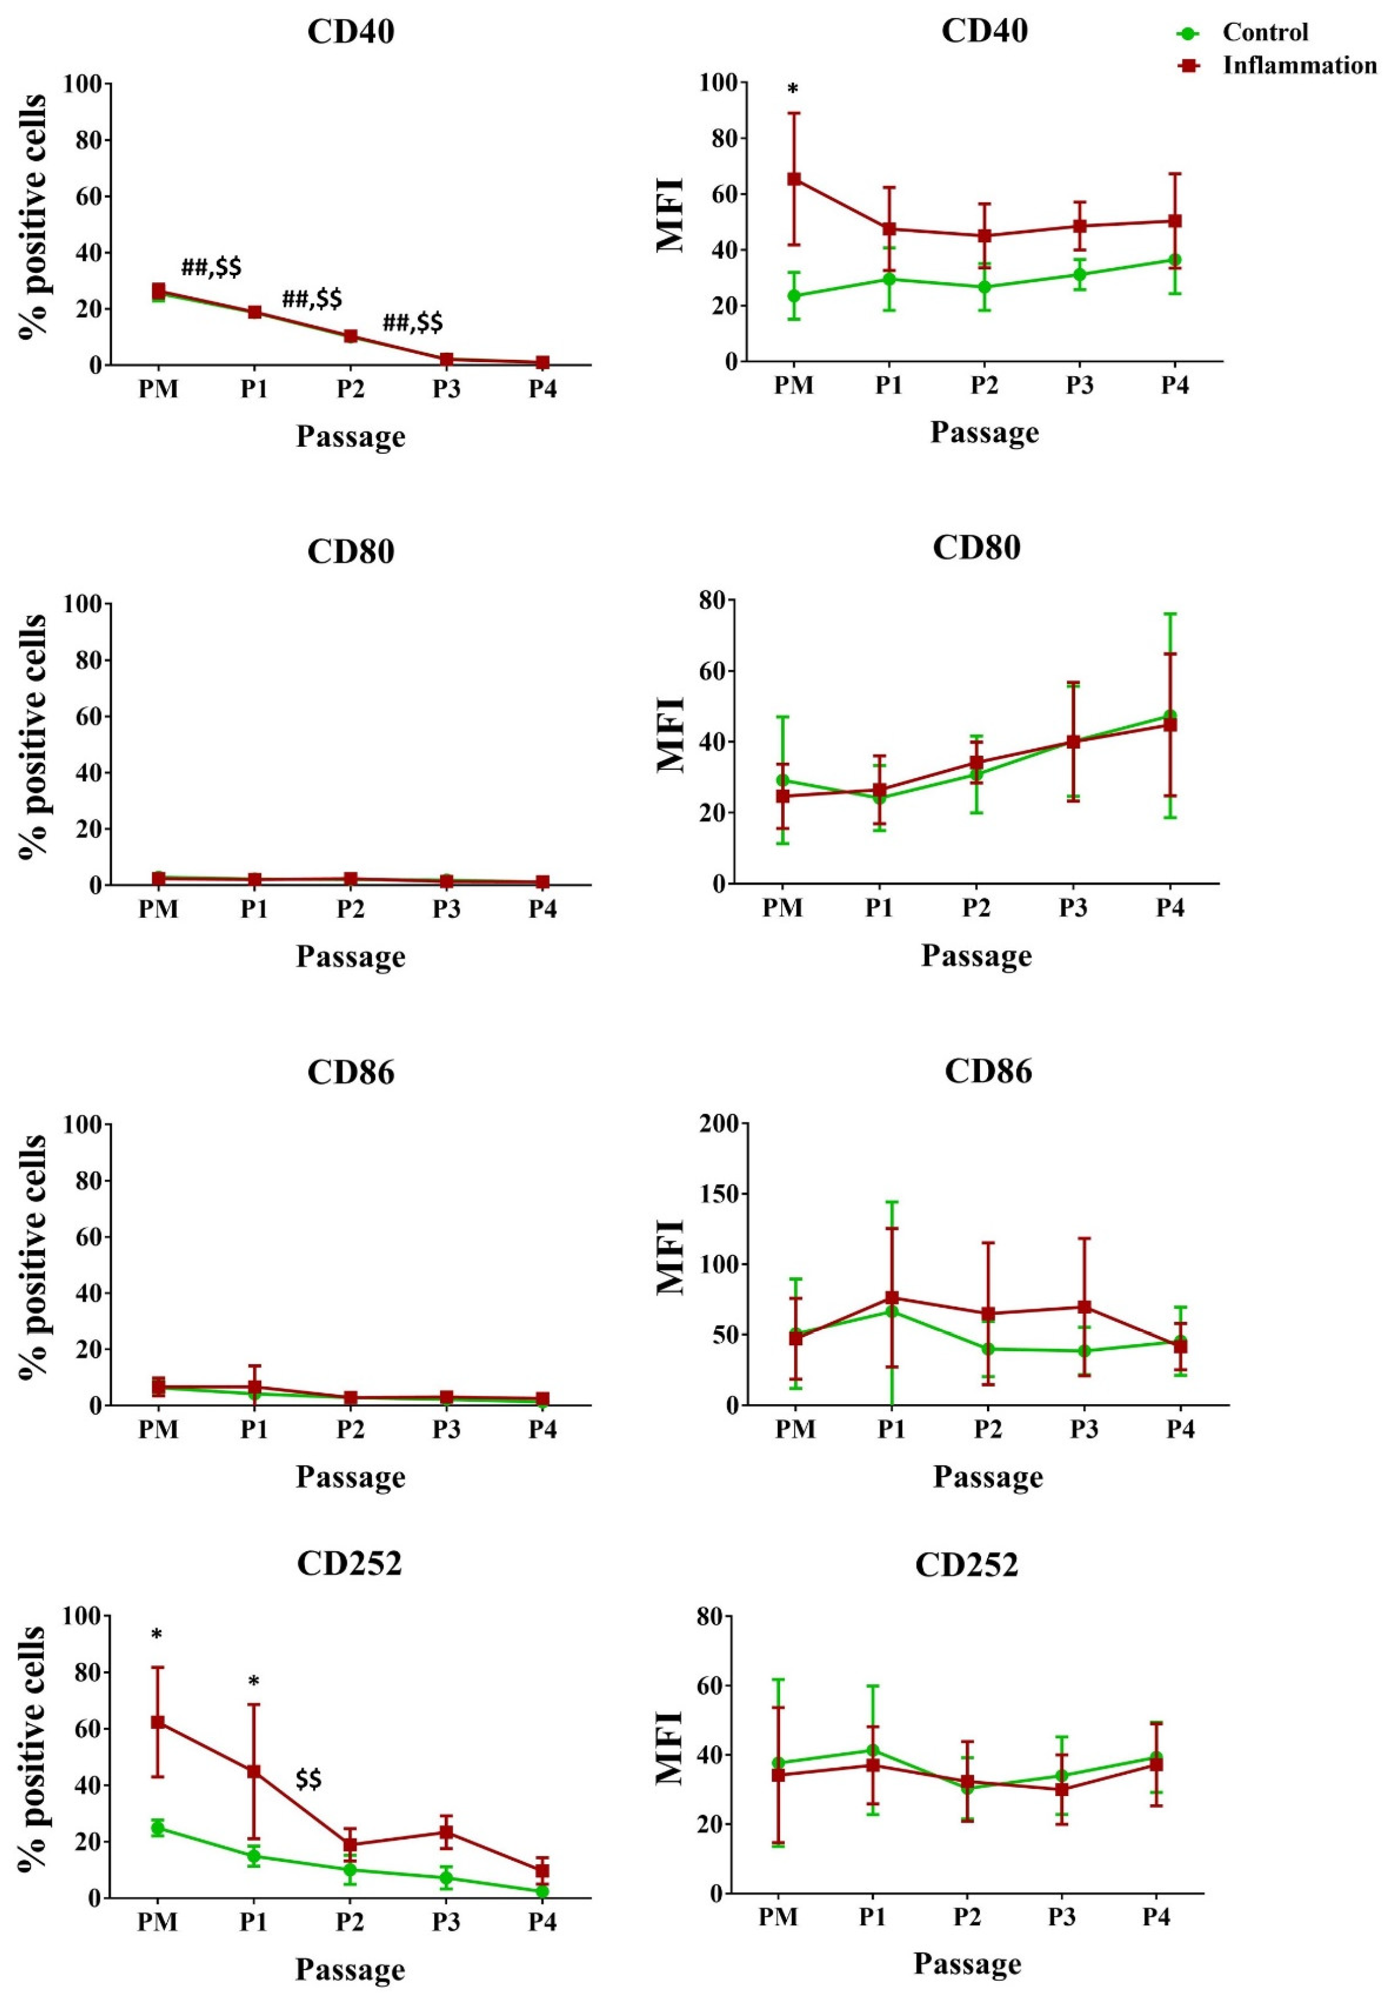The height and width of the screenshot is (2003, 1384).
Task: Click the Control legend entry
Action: point(1264,33)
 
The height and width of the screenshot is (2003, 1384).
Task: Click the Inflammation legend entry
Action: point(1298,65)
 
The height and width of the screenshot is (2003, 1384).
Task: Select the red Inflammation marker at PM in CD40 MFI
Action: point(793,178)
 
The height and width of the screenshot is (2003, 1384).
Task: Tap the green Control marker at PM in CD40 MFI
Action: point(793,296)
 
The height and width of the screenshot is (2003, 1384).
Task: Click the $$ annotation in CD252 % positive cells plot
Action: point(309,1780)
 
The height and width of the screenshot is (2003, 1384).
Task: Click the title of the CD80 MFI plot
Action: point(976,548)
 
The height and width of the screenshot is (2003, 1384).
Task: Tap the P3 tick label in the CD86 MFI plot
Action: point(1084,1430)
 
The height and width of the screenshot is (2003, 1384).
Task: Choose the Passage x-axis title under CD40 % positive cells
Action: point(350,436)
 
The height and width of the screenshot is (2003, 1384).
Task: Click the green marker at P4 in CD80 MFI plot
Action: point(1170,716)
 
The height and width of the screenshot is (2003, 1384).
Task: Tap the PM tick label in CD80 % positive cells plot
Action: point(158,910)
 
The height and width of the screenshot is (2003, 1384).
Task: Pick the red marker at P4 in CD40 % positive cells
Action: point(543,363)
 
